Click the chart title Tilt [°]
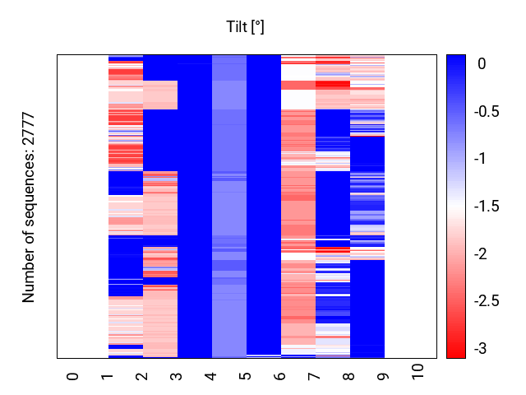click(x=245, y=27)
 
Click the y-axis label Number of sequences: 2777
click(x=29, y=207)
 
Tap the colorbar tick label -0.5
click(x=487, y=110)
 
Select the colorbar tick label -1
click(x=482, y=158)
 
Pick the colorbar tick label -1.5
click(x=487, y=207)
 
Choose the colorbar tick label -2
click(x=482, y=254)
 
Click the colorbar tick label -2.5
click(x=487, y=302)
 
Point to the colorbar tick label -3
click(x=482, y=350)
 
